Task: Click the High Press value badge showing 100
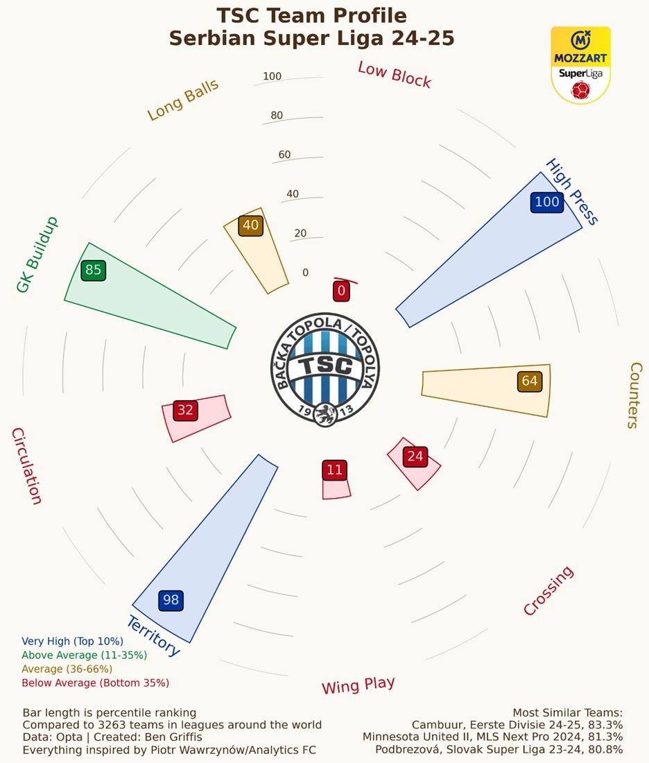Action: pos(547,202)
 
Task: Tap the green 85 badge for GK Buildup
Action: pos(93,270)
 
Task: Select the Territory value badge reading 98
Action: pos(170,600)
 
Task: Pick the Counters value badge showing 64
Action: pos(529,381)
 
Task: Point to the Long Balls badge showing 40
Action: pos(250,225)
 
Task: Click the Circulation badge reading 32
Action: pos(185,410)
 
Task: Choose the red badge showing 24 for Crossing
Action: pos(415,456)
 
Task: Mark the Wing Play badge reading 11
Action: pos(334,470)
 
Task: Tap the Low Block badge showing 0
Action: pos(341,291)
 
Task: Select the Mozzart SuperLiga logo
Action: pos(580,65)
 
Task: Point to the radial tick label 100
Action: pos(272,76)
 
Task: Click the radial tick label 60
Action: pos(284,155)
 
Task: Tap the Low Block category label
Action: pos(395,75)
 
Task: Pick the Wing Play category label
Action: pos(358,685)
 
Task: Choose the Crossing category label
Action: pos(548,590)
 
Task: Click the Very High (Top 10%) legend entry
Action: pos(72,642)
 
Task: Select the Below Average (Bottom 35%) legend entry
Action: pos(95,683)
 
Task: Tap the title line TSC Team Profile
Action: pos(311,15)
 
